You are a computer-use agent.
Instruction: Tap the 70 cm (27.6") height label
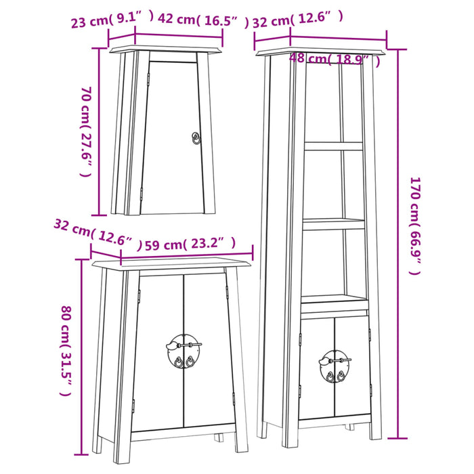(x=85, y=131)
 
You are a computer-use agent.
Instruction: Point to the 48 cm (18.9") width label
(x=334, y=60)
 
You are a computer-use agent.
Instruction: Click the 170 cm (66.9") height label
(x=414, y=225)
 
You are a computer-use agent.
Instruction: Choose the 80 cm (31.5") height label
(x=66, y=351)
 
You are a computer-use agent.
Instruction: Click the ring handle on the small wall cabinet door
(x=196, y=137)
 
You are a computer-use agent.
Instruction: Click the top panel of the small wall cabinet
(x=165, y=49)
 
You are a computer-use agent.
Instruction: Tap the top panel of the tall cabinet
(x=321, y=51)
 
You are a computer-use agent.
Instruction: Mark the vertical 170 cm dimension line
(x=397, y=244)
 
